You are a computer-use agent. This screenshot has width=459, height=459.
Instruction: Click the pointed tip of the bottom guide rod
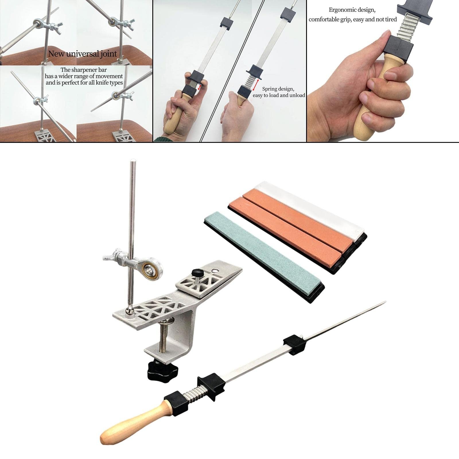386,302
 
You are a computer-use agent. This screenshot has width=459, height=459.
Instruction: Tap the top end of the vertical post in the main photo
133,161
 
